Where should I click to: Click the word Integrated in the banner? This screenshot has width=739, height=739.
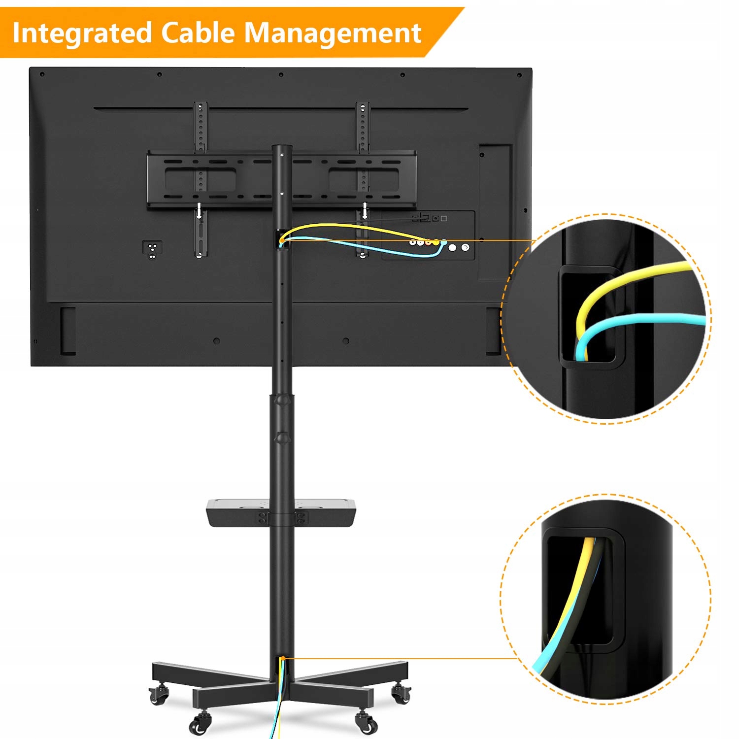pyautogui.click(x=82, y=34)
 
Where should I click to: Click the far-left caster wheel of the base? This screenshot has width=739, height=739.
pyautogui.click(x=159, y=695)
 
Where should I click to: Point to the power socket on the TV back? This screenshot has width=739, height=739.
pyautogui.click(x=152, y=247)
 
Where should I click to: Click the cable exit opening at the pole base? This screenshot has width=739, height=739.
pyautogui.click(x=283, y=660)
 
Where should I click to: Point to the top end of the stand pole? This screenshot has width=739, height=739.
pyautogui.click(x=283, y=148)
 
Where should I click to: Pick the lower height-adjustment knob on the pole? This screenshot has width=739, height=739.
pyautogui.click(x=282, y=437)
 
